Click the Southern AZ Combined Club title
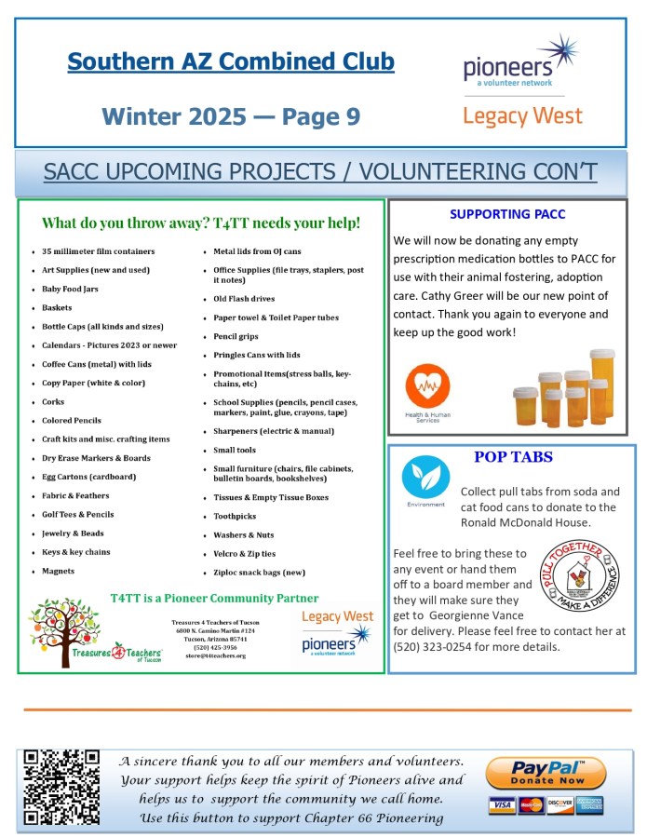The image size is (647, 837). coord(231,62)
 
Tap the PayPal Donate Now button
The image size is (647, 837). coord(546,773)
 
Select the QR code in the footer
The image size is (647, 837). coord(61,787)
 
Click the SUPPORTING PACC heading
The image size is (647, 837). coord(507,214)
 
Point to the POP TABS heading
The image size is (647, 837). coord(513,457)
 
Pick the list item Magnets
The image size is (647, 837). coord(58,571)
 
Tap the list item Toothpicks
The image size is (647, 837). coord(235,516)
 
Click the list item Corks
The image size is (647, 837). coord(53,401)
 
